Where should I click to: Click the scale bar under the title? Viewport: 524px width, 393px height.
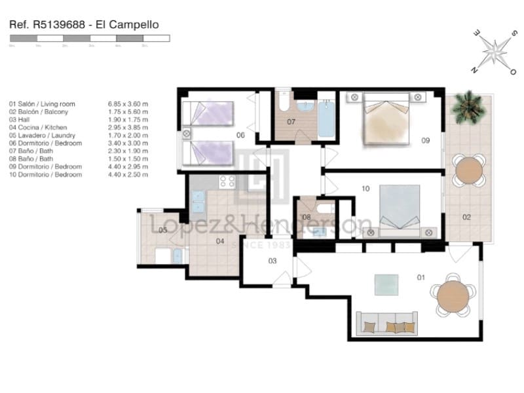pyautogui.click(x=89, y=39)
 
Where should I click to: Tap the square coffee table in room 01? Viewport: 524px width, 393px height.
pyautogui.click(x=386, y=284)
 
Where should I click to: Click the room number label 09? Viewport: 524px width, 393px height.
pyautogui.click(x=425, y=140)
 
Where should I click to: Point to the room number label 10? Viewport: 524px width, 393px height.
pyautogui.click(x=365, y=189)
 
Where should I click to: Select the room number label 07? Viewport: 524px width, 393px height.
pyautogui.click(x=291, y=122)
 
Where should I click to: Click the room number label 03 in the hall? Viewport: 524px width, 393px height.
pyautogui.click(x=272, y=261)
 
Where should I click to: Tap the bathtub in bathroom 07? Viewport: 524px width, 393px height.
pyautogui.click(x=326, y=118)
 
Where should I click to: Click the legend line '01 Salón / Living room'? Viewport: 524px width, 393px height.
pyautogui.click(x=42, y=103)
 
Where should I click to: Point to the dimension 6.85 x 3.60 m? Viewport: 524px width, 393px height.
pyautogui.click(x=128, y=103)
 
